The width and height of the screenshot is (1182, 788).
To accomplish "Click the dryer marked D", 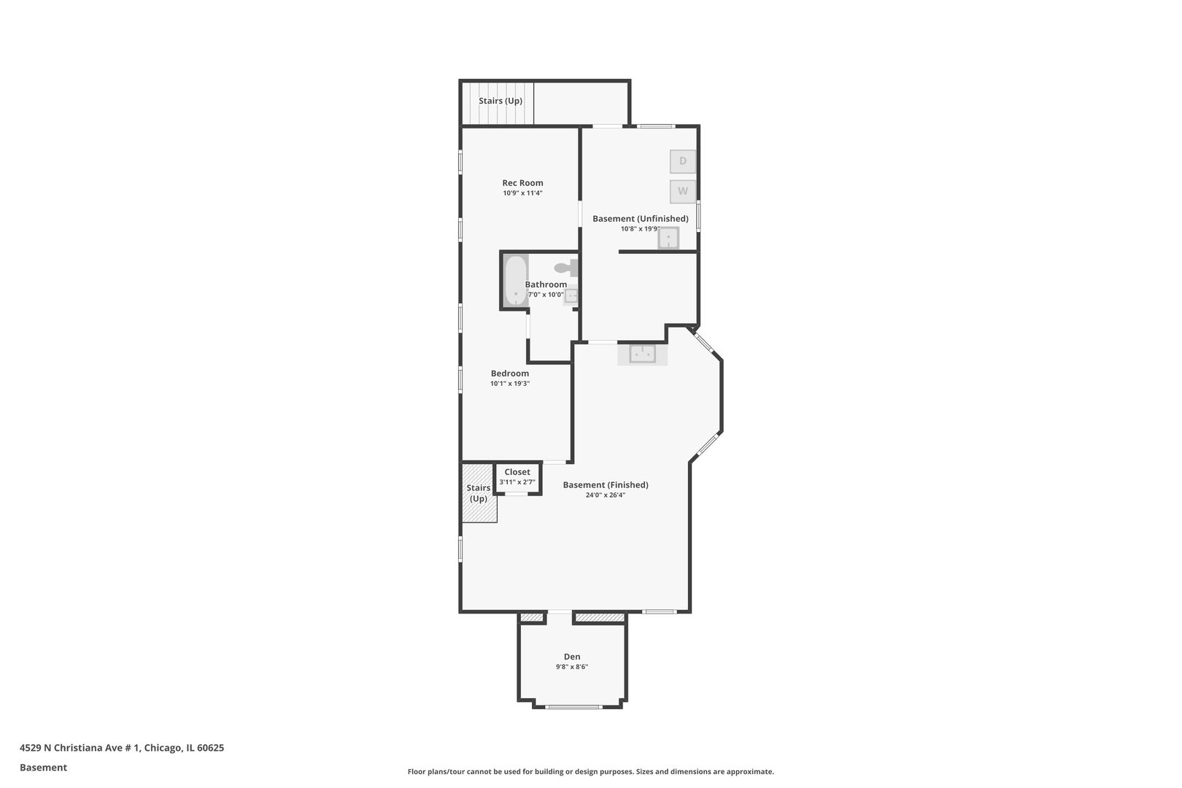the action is pos(683,161).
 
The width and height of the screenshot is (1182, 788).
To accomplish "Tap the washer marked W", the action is pos(683,192).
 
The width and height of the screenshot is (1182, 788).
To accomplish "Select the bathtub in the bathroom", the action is pos(516,280).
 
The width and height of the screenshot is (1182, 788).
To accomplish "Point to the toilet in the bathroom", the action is pos(566,268).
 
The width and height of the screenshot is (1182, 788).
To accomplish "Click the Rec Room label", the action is pos(522,183).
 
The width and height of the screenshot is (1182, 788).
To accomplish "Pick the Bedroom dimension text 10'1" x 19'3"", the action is pos(510,384).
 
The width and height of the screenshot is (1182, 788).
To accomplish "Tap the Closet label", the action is pos(517,472).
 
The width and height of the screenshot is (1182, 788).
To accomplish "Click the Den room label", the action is pos(572,657).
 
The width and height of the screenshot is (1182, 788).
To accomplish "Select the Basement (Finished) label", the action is pos(606,485).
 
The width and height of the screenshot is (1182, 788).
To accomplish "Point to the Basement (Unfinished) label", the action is pos(640,218).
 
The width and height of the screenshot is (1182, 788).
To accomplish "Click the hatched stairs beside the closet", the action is pos(479,493).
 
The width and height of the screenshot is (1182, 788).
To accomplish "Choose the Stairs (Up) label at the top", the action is pos(501,101).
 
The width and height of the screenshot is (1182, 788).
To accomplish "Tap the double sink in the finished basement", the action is pos(643,354).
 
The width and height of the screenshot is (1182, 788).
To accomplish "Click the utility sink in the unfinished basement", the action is pos(668,238).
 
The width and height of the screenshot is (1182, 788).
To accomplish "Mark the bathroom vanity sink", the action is pos(571,295).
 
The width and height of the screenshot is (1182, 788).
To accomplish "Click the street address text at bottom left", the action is pos(122,748).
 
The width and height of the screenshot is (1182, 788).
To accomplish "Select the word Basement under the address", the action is pos(43,768).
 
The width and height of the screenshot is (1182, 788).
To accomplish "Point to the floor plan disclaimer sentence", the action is pos(590,772).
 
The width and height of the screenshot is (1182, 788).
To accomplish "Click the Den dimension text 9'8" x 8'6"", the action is pos(572,667).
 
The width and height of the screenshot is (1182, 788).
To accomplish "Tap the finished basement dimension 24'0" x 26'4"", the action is pos(606,495).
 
